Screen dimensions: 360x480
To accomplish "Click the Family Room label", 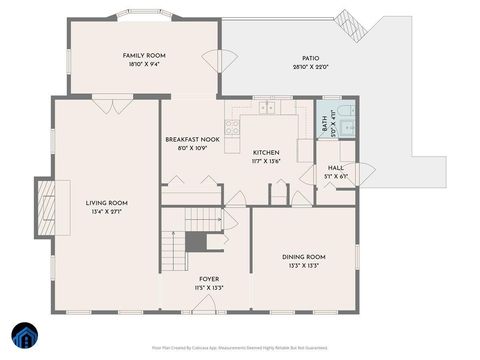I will [x=143, y=57].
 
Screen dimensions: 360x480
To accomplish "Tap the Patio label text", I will [x=311, y=59].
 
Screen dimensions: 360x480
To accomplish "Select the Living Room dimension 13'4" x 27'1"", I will [x=106, y=212].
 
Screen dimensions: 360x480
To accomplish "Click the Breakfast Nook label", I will [x=192, y=140].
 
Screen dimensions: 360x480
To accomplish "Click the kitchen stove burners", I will [x=232, y=127].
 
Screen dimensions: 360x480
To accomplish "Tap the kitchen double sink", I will [x=267, y=107].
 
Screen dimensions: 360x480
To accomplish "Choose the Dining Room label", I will [x=301, y=257].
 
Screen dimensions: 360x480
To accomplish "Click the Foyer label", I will [x=209, y=279].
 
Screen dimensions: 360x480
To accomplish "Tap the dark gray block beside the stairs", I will [x=196, y=241].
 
